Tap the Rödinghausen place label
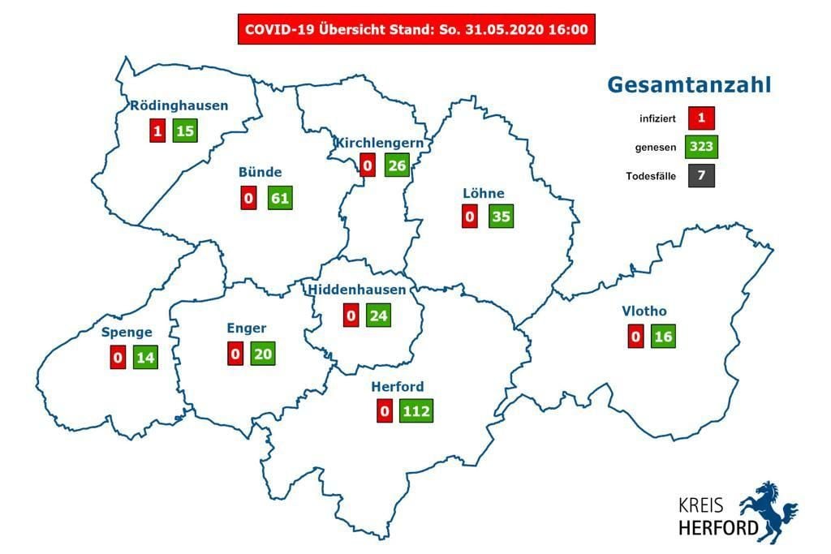click(x=179, y=105)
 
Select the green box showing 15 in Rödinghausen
click(x=185, y=130)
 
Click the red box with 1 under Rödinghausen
click(x=157, y=130)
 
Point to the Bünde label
click(x=260, y=172)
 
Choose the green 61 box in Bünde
click(x=280, y=198)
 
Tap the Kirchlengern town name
click(x=379, y=142)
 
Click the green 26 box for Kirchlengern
click(x=397, y=166)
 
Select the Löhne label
click(x=484, y=193)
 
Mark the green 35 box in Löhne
click(x=502, y=217)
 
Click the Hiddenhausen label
click(x=357, y=290)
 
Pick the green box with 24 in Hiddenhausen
click(x=378, y=315)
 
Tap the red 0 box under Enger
click(x=235, y=353)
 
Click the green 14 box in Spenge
click(x=145, y=357)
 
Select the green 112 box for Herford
click(x=415, y=410)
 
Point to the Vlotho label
click(x=644, y=311)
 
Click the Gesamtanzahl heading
click(x=689, y=85)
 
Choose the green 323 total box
click(x=700, y=147)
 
